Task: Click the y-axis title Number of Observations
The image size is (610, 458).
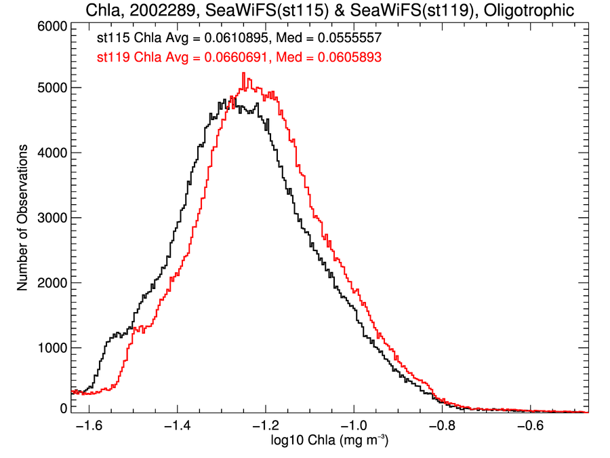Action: pyautogui.click(x=23, y=218)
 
